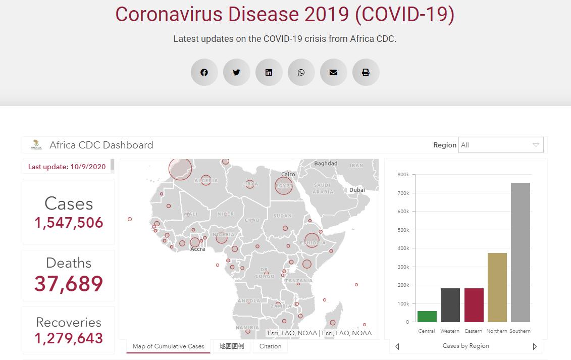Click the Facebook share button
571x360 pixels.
204,72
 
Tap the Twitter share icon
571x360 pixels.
236,72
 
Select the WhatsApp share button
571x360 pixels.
301,72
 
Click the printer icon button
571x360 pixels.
366,72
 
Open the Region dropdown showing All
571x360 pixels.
501,145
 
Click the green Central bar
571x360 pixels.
427,317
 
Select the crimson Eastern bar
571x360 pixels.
474,305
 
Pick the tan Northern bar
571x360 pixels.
497,287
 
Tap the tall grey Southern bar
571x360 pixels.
520,252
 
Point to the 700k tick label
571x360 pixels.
403,193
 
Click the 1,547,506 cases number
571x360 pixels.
69,223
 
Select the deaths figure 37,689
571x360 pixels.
69,284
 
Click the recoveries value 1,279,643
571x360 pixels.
69,338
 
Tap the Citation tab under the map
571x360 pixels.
270,346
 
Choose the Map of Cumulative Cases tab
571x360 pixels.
168,346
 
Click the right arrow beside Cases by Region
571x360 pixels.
535,346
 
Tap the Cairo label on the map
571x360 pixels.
288,174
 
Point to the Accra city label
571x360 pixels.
197,249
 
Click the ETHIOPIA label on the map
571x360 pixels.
313,243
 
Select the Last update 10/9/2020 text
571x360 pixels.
67,167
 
